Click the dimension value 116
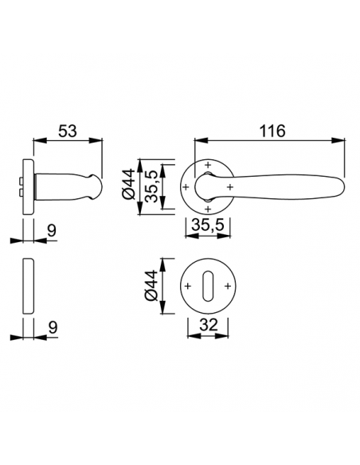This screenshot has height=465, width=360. (x=272, y=131)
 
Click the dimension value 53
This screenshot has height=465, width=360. (x=68, y=131)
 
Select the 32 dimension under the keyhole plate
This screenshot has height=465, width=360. (x=208, y=325)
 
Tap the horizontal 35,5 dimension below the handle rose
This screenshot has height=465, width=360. (x=208, y=225)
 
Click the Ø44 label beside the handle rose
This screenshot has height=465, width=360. (x=129, y=184)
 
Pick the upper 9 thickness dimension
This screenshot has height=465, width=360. (x=52, y=230)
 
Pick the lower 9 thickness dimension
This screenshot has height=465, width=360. (x=53, y=328)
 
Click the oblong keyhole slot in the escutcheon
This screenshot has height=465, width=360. (x=208, y=286)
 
